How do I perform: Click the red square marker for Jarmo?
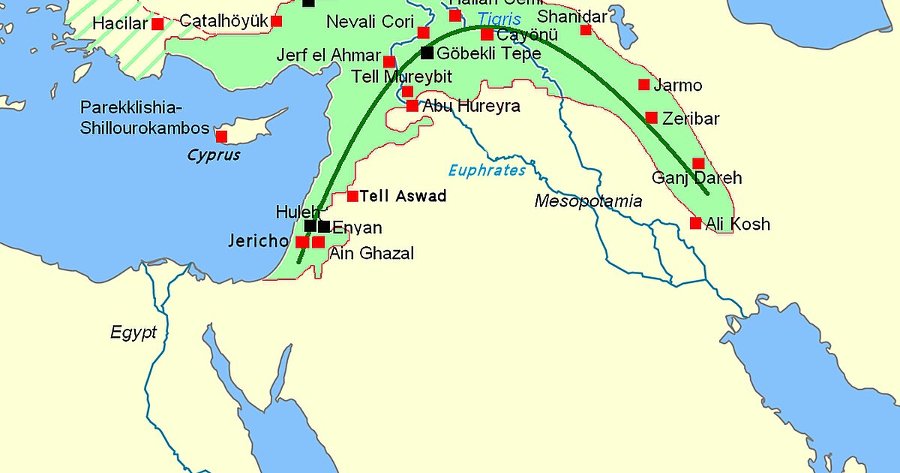[643, 85]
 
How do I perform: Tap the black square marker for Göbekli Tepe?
[427, 53]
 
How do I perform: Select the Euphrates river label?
[487, 170]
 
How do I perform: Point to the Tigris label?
[499, 20]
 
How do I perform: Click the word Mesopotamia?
[588, 200]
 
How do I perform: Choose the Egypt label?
[133, 333]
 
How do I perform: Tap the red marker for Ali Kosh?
[695, 223]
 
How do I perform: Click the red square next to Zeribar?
[651, 118]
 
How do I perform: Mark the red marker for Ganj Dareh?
[698, 164]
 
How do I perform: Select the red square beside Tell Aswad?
[352, 196]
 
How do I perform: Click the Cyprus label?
[214, 155]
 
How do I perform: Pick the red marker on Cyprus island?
[221, 136]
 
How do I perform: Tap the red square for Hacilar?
[157, 24]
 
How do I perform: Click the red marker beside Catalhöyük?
[277, 21]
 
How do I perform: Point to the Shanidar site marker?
[586, 30]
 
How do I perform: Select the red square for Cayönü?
[487, 35]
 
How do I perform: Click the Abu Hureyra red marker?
[412, 106]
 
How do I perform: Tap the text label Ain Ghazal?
[371, 254]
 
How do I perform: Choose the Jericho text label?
[258, 241]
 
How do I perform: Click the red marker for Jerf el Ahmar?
[388, 62]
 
